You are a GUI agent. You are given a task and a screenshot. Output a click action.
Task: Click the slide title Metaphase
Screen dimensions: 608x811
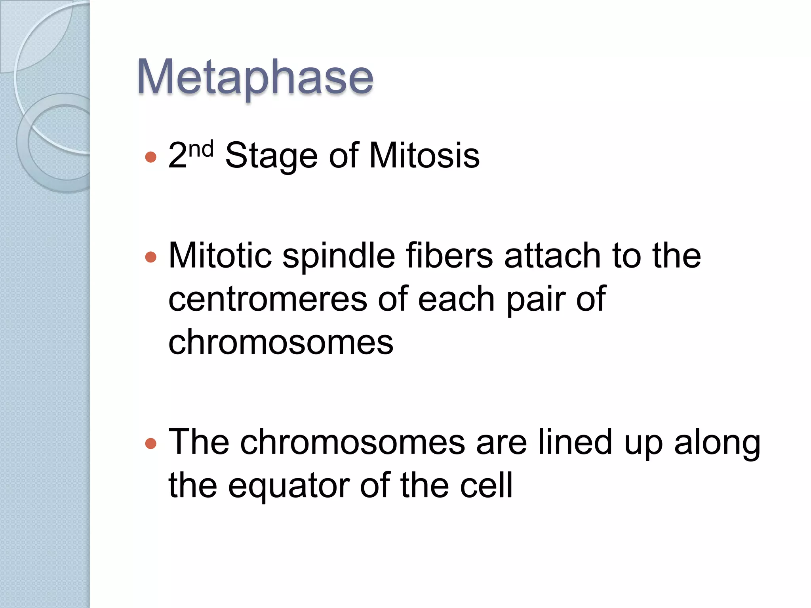(255, 77)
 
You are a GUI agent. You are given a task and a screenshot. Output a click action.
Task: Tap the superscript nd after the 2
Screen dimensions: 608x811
(201, 149)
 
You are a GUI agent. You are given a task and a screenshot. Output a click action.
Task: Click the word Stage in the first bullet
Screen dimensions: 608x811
(271, 156)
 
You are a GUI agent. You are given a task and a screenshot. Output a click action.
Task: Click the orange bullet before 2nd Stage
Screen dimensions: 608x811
(151, 157)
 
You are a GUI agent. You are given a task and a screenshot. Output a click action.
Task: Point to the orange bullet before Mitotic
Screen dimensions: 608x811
(151, 258)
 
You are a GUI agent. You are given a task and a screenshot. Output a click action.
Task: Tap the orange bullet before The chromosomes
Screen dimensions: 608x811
(151, 443)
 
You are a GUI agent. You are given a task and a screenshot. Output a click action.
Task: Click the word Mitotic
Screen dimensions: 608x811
(220, 255)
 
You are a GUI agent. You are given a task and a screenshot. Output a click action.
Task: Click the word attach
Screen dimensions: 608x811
(553, 255)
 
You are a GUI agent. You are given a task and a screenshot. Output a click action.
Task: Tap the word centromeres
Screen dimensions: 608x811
(268, 300)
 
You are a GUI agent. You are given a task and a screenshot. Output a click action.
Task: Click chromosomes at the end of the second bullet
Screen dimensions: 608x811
(281, 342)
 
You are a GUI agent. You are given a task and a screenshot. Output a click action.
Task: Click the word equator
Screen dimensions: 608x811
(289, 486)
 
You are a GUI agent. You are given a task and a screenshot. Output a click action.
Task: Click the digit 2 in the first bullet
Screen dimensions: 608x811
(177, 156)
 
